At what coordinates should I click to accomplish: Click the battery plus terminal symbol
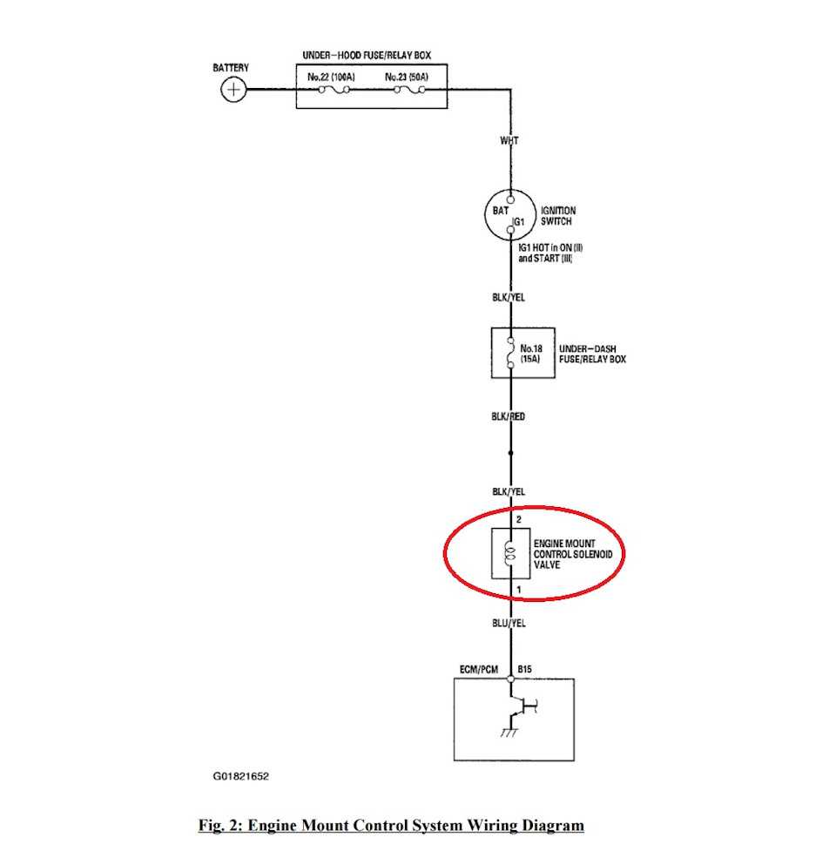coord(233,89)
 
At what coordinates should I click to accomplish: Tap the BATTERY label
coord(231,68)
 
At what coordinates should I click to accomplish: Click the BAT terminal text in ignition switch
coord(500,210)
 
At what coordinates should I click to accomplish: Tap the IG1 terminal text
coord(518,222)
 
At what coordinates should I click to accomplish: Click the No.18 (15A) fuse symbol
coord(510,353)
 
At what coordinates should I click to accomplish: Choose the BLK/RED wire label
coord(509,416)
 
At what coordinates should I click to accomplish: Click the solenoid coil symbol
coord(510,553)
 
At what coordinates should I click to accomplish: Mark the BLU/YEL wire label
coord(509,623)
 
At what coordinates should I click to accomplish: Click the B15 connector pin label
coord(524,669)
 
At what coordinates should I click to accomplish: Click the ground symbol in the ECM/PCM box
coord(508,733)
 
